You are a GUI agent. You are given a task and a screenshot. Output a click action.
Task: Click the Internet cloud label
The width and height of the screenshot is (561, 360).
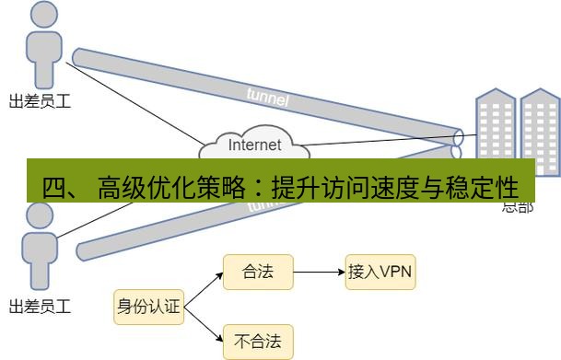coord(254,145)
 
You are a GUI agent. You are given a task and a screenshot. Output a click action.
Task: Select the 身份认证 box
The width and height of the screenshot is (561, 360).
coord(147,307)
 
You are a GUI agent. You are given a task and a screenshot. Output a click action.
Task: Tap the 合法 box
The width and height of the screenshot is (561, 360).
coord(258,273)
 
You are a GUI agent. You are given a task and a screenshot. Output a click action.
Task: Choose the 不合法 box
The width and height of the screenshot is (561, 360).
coord(258,342)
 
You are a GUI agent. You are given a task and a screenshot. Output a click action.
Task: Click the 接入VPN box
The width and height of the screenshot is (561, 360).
coord(380,273)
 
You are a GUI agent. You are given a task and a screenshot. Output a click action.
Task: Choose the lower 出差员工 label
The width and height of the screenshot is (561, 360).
coord(40,306)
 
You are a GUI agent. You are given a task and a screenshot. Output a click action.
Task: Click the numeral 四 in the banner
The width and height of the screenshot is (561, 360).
coord(56,188)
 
